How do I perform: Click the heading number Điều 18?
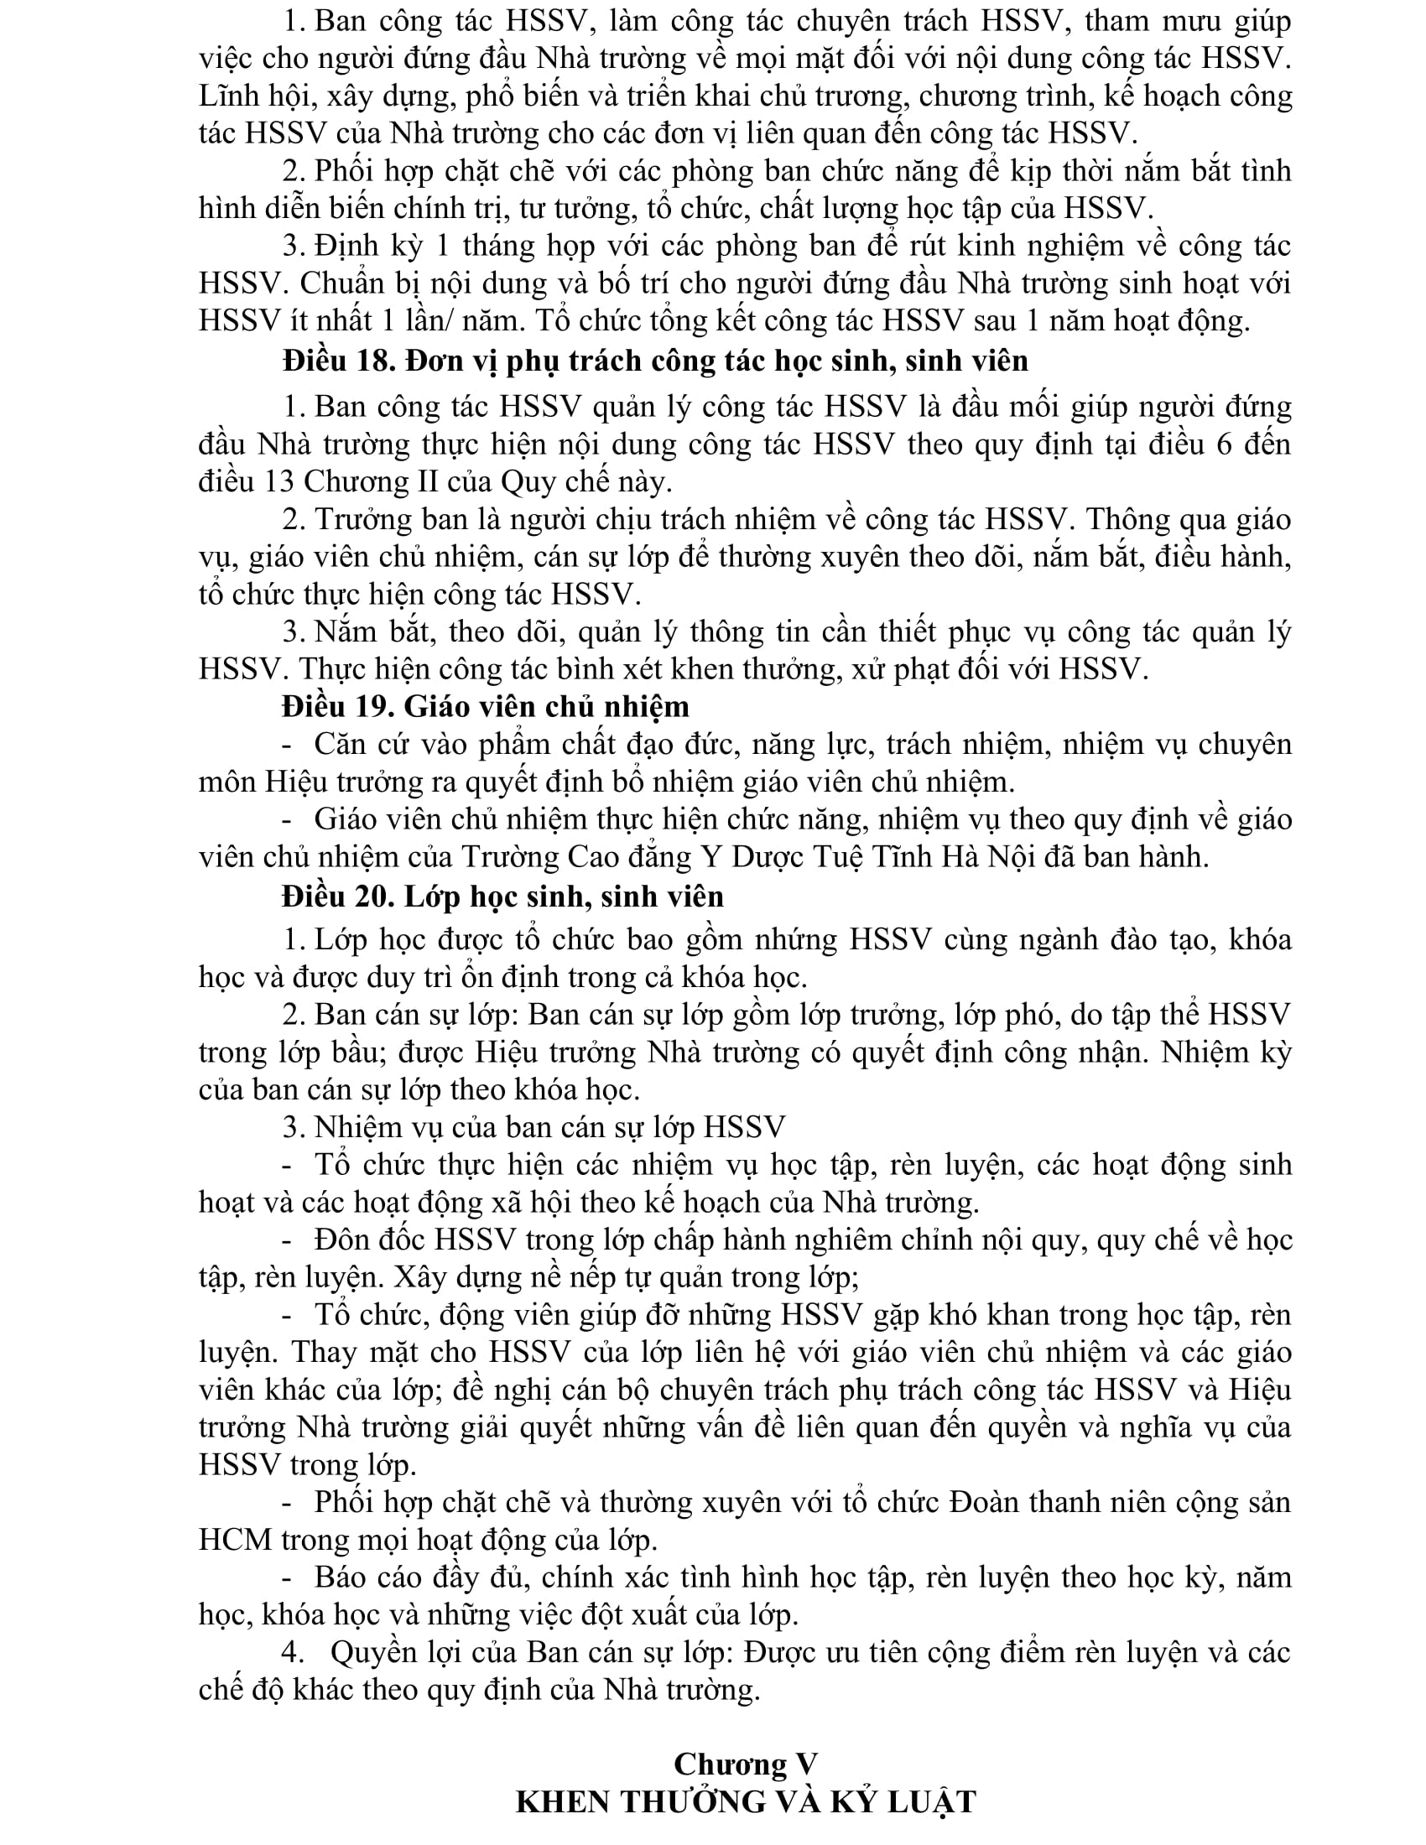point(338,361)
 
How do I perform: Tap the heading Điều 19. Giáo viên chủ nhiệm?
point(486,706)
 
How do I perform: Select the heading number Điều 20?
point(338,897)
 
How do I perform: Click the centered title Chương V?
point(745,1764)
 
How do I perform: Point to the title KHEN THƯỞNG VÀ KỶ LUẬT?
point(745,1802)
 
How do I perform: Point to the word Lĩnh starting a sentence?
point(226,96)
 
